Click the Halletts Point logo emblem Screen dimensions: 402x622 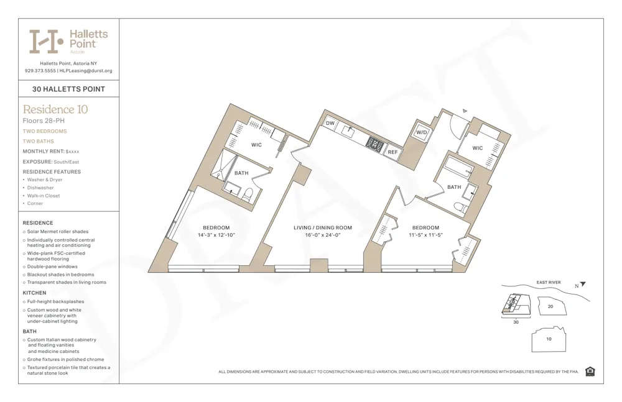pos(46,41)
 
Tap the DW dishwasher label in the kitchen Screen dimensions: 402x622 pos(330,124)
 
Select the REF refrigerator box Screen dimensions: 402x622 pos(392,152)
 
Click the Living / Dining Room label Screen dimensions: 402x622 pos(323,228)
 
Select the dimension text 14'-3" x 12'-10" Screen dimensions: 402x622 pos(216,235)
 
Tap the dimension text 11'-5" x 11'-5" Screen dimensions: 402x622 pos(425,235)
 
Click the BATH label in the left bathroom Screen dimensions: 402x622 pos(241,173)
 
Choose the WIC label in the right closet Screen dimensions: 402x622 pos(477,148)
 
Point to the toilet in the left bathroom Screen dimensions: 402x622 pos(248,194)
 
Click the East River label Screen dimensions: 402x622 pos(549,283)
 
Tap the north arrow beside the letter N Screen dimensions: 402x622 pos(583,285)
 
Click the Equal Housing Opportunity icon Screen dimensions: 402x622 pos(590,372)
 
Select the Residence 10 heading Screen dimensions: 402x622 pos(55,109)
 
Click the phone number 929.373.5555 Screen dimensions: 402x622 pos(40,71)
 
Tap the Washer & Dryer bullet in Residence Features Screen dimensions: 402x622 pos(44,180)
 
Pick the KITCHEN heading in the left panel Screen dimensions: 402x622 pos(34,293)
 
